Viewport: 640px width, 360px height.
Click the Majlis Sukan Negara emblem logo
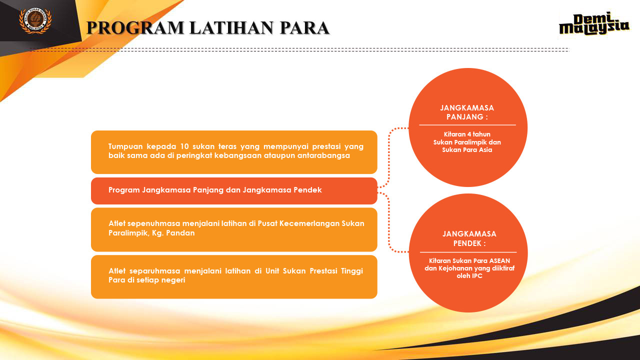click(x=35, y=20)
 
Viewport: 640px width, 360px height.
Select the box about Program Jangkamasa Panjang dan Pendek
click(x=234, y=190)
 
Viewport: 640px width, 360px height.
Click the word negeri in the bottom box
click(x=172, y=280)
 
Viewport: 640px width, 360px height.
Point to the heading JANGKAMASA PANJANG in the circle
click(x=467, y=112)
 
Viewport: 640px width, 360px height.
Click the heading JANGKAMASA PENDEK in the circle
click(x=469, y=238)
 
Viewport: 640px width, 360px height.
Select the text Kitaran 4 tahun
click(x=467, y=134)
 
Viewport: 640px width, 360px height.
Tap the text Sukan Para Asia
click(x=467, y=150)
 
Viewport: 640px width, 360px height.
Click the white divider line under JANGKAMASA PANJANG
click(x=467, y=124)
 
